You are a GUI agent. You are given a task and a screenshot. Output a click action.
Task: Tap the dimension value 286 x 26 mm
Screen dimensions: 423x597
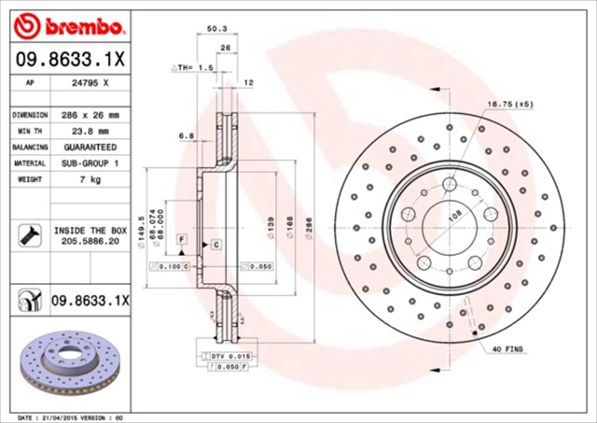[91, 115]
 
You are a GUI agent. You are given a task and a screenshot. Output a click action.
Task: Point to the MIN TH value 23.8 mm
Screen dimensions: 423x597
[91, 132]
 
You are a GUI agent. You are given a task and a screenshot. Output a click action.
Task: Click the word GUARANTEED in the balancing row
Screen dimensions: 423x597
[91, 148]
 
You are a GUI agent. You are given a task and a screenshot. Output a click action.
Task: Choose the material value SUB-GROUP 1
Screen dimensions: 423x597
[91, 164]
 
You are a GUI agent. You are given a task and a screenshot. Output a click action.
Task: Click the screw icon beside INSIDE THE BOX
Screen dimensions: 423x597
[29, 233]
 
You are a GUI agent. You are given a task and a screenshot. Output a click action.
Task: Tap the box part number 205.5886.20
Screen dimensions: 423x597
[91, 240]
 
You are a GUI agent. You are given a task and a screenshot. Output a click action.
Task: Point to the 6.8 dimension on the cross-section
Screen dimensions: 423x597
[187, 135]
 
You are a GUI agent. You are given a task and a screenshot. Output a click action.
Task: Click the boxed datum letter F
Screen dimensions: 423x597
[181, 242]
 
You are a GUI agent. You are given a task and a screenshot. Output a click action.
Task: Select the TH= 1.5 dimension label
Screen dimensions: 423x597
[194, 68]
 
